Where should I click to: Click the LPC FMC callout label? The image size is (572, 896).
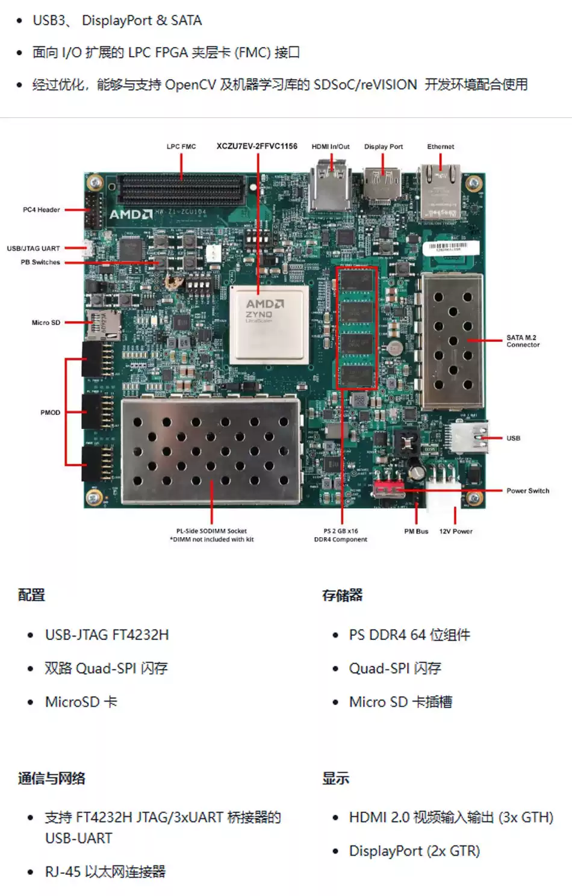tap(181, 146)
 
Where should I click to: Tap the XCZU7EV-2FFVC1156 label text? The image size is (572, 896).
tap(256, 146)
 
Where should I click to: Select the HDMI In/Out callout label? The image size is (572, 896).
tap(331, 146)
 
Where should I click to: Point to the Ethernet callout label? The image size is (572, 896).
tap(441, 146)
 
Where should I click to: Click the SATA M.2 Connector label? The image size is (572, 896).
tap(523, 341)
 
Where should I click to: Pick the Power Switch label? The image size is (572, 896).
tap(527, 491)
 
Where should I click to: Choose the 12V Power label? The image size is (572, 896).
tap(456, 531)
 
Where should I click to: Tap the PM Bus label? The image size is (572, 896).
tap(416, 531)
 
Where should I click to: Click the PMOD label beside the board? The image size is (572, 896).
tap(50, 412)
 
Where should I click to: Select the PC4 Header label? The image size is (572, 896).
tap(42, 210)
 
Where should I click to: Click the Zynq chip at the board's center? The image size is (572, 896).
tap(269, 323)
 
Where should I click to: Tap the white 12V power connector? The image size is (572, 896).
tap(443, 480)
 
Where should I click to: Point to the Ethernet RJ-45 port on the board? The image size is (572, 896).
tap(440, 192)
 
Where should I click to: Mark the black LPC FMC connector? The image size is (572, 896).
tap(181, 190)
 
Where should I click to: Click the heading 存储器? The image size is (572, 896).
tap(343, 596)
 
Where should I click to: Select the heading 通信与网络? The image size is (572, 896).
tap(51, 778)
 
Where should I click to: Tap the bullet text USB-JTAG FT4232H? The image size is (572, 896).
tap(107, 635)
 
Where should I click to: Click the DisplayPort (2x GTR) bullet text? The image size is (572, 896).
tap(414, 851)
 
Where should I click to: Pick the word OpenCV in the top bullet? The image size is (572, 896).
tap(190, 84)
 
